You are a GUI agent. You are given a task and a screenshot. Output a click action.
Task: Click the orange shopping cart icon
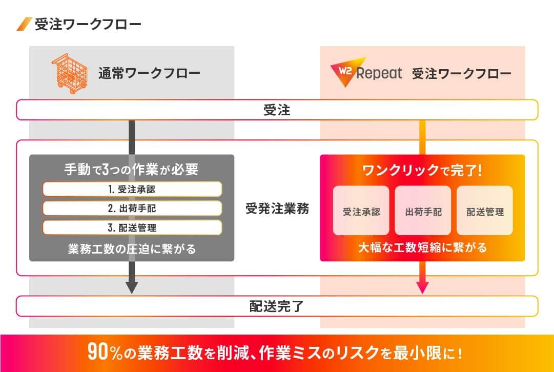click(x=70, y=73)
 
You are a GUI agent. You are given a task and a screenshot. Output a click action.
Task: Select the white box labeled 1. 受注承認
click(x=132, y=189)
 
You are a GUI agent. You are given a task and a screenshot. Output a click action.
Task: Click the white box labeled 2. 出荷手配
click(x=132, y=209)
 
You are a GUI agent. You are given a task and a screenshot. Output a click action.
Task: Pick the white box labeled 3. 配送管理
click(x=132, y=228)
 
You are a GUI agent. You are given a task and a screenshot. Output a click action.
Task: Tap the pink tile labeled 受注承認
click(x=361, y=211)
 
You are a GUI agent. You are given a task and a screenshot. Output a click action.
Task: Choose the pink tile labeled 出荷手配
click(x=423, y=211)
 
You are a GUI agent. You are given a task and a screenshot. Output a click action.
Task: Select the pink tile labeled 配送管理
click(x=485, y=211)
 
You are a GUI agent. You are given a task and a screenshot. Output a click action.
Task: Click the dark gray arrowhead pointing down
click(x=132, y=287)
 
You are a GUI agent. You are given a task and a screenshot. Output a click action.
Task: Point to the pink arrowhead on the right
click(x=423, y=287)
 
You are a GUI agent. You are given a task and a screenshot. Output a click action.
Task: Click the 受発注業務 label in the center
click(x=277, y=209)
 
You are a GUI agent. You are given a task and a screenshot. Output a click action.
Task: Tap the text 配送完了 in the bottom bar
click(x=277, y=306)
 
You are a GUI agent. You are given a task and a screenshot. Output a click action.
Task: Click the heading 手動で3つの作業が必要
click(x=131, y=170)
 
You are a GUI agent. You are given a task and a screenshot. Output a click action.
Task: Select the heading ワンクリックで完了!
click(x=422, y=171)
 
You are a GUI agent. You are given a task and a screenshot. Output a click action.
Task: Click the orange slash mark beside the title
click(x=25, y=24)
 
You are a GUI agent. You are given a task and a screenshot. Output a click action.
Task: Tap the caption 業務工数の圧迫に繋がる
click(x=132, y=249)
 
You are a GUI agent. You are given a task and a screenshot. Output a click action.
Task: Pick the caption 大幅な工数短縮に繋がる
click(x=423, y=247)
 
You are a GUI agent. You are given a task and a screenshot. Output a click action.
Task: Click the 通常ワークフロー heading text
click(x=149, y=73)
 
